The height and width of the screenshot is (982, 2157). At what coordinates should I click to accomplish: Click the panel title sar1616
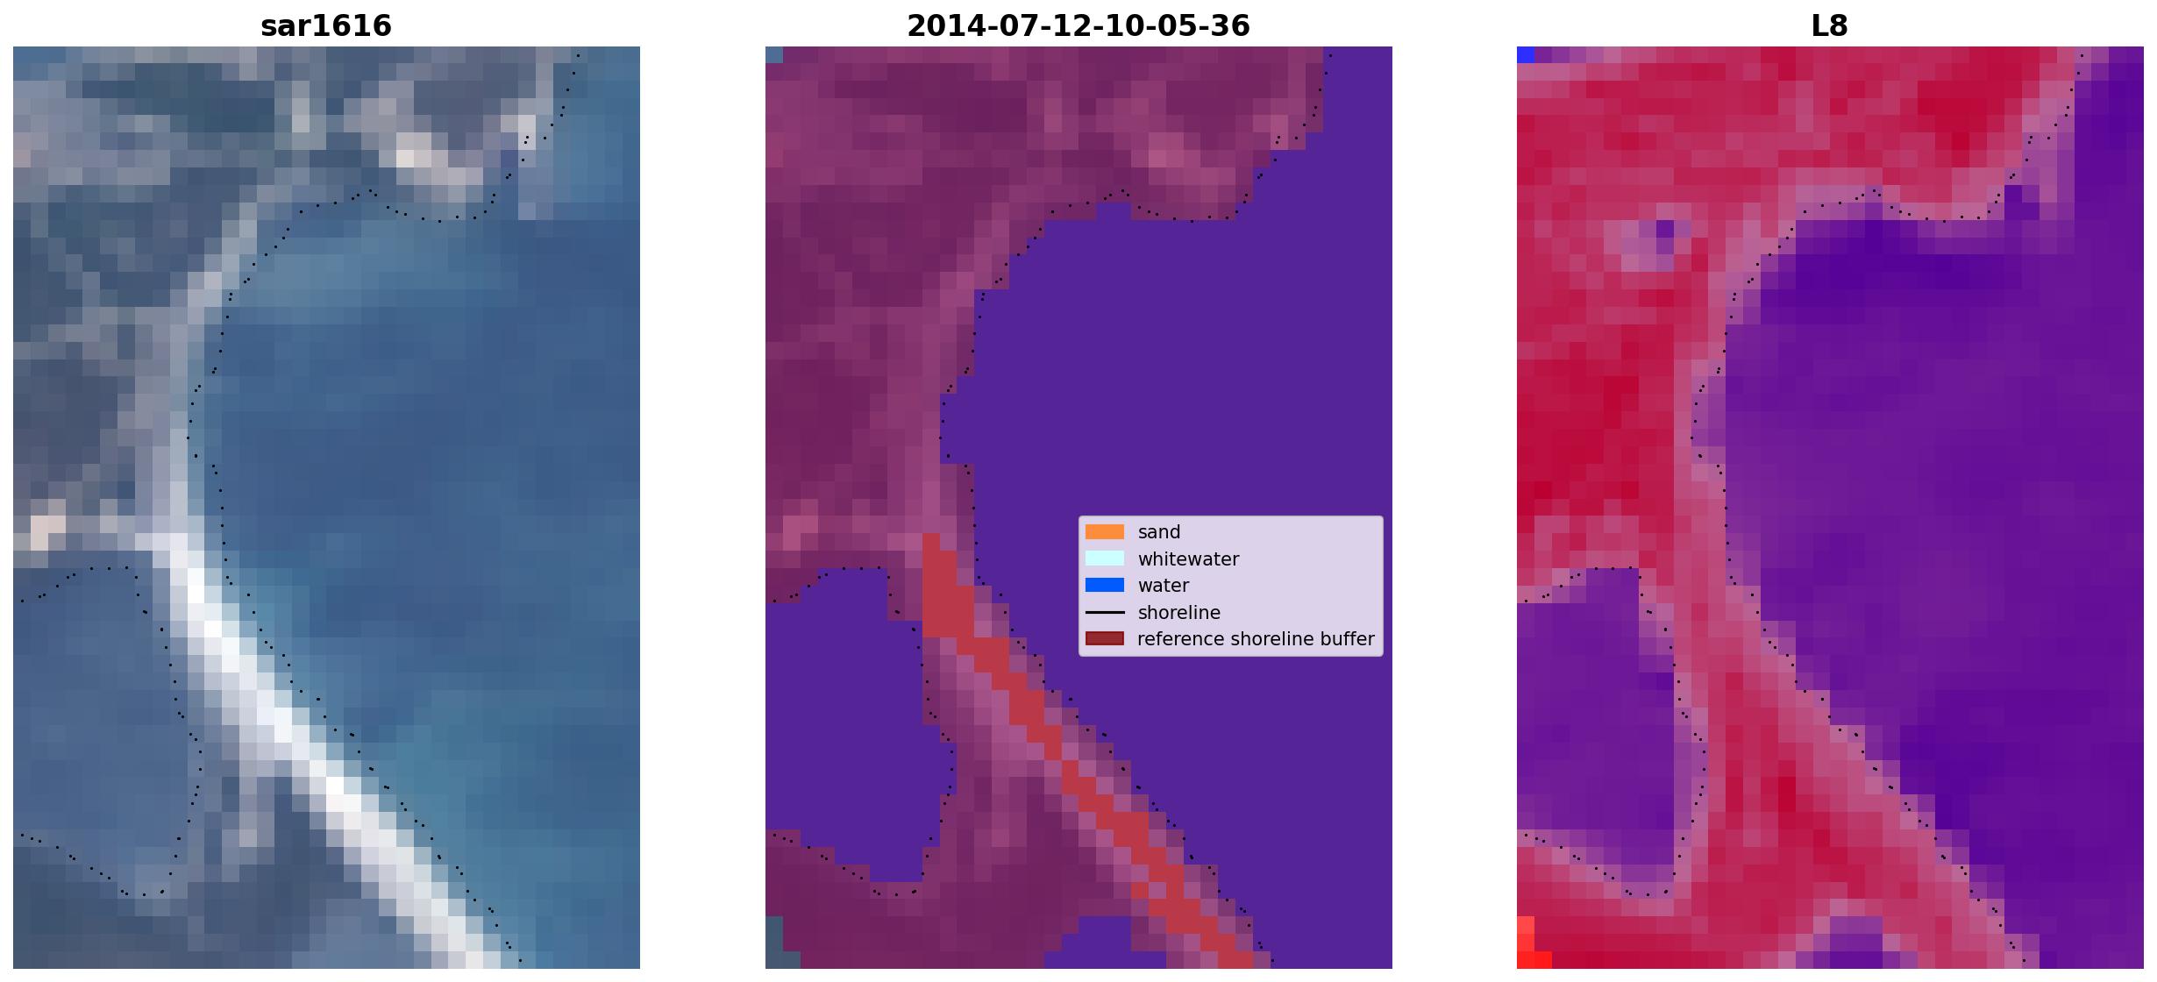[326, 26]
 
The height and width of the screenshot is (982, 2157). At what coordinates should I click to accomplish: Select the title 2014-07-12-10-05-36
[1078, 26]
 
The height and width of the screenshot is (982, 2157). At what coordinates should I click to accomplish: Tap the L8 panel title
[1830, 26]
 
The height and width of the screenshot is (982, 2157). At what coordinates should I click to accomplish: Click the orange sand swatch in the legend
[1105, 532]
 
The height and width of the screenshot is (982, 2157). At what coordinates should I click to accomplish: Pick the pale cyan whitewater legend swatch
[1105, 559]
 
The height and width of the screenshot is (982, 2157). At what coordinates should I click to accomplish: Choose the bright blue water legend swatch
[1105, 586]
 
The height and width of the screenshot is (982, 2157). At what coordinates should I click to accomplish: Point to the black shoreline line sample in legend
[1105, 613]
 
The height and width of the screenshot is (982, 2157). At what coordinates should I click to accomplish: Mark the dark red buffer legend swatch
[1105, 639]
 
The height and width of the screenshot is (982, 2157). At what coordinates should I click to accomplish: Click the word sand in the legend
[1159, 532]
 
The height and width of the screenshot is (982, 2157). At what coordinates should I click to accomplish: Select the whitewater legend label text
[1188, 559]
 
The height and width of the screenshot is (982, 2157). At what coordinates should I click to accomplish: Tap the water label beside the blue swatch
[1164, 586]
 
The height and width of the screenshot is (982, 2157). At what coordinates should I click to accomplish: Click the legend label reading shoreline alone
[1179, 613]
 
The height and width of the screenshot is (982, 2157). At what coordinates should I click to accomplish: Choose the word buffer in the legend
[1347, 639]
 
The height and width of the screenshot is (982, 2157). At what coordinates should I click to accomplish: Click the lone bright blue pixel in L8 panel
[1526, 55]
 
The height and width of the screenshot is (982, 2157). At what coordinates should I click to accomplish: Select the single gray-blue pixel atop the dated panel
[774, 55]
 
